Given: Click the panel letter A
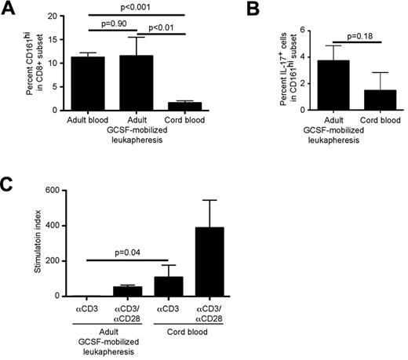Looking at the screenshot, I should tap(9, 9).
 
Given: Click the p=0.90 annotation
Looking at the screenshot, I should tap(112, 27).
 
